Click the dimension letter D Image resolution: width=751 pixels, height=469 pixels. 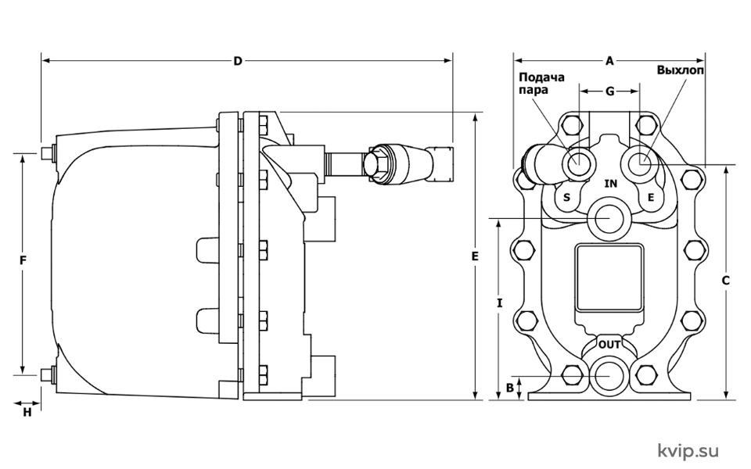coord(238,61)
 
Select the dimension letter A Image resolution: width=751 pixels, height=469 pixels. coord(609,61)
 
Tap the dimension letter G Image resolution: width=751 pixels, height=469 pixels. coord(609,91)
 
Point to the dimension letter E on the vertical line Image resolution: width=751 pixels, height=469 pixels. coord(475,256)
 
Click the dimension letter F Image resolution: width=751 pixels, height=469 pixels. coord(23,260)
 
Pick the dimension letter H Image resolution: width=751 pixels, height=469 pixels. coord(27,412)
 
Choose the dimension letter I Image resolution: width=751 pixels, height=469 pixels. coord(500,303)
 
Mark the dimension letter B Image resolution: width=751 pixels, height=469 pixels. coord(510,388)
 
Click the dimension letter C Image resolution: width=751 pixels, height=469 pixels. coord(726,281)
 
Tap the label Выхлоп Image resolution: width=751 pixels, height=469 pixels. coord(680,70)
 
